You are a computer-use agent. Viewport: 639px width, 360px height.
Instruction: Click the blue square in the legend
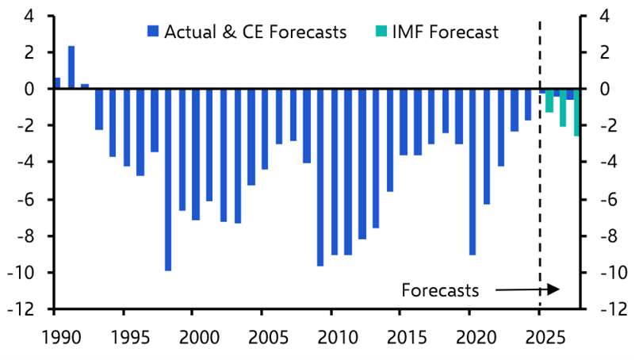pyautogui.click(x=153, y=33)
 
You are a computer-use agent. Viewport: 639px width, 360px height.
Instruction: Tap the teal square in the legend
pyautogui.click(x=379, y=33)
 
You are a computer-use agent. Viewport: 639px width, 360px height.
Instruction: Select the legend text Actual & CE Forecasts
pyautogui.click(x=254, y=33)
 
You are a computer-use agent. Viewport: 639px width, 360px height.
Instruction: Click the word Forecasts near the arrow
pyautogui.click(x=440, y=290)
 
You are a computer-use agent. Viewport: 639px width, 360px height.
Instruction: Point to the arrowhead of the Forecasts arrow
pyautogui.click(x=557, y=289)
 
